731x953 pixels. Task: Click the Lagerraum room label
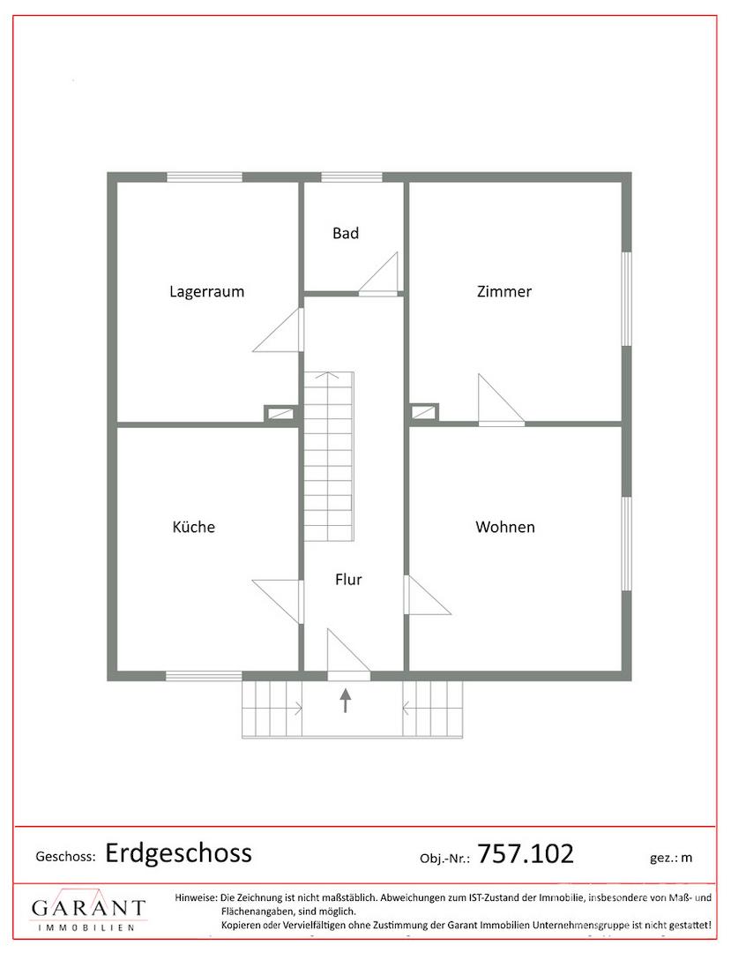click(206, 292)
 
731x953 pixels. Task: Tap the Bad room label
click(346, 233)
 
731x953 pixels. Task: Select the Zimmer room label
click(503, 291)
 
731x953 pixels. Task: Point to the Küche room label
click(194, 526)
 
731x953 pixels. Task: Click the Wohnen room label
click(505, 526)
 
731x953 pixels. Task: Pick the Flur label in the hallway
click(348, 579)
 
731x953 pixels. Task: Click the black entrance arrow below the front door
click(346, 700)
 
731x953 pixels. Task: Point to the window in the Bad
click(352, 176)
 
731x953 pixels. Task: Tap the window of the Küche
click(204, 675)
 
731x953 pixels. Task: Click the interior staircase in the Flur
click(328, 456)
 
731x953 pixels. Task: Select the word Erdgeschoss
click(178, 853)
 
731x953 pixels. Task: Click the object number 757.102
click(526, 853)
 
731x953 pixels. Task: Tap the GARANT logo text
click(89, 907)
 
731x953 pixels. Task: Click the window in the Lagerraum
click(205, 176)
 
